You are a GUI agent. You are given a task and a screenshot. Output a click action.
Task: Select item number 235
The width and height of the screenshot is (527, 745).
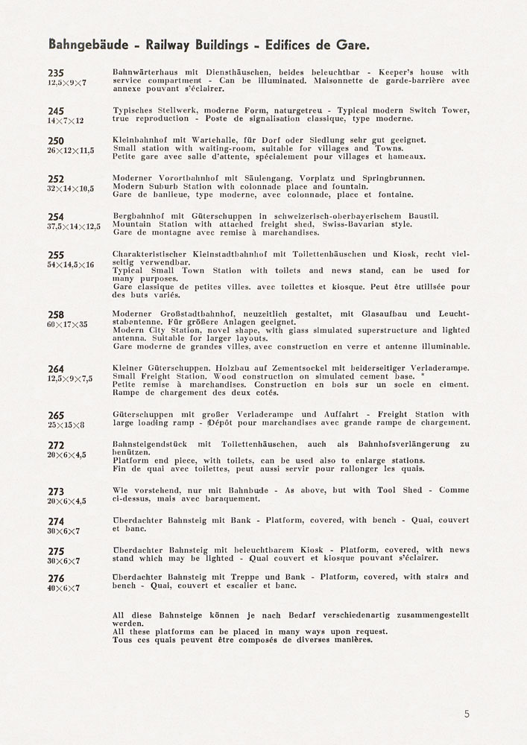(56, 72)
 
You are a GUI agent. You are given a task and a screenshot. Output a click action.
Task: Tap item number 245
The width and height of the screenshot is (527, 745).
(56, 111)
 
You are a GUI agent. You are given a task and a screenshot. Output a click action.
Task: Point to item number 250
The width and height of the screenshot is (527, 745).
(56, 140)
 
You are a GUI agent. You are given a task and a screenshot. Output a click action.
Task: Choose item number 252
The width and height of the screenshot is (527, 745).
(56, 179)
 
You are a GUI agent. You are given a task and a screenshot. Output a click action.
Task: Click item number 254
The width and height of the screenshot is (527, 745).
(56, 217)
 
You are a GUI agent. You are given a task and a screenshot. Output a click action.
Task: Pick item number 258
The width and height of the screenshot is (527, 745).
(56, 315)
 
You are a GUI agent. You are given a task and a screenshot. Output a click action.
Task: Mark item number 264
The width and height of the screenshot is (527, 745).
(56, 369)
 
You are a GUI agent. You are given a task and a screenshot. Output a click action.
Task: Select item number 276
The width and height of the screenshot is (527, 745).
(56, 578)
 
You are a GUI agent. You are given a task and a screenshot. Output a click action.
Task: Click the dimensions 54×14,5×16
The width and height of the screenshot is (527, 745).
(71, 265)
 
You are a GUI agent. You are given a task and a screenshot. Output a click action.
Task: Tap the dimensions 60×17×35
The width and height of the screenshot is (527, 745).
(67, 325)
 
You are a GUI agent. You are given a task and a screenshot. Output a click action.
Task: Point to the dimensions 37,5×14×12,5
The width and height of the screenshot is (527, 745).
(74, 226)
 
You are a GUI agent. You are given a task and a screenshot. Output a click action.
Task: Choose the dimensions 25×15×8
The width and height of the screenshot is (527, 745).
(66, 425)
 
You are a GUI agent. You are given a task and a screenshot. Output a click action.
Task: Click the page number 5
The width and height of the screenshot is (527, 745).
(467, 714)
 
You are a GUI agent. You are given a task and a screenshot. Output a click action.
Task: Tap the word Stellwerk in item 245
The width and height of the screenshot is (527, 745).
(178, 111)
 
